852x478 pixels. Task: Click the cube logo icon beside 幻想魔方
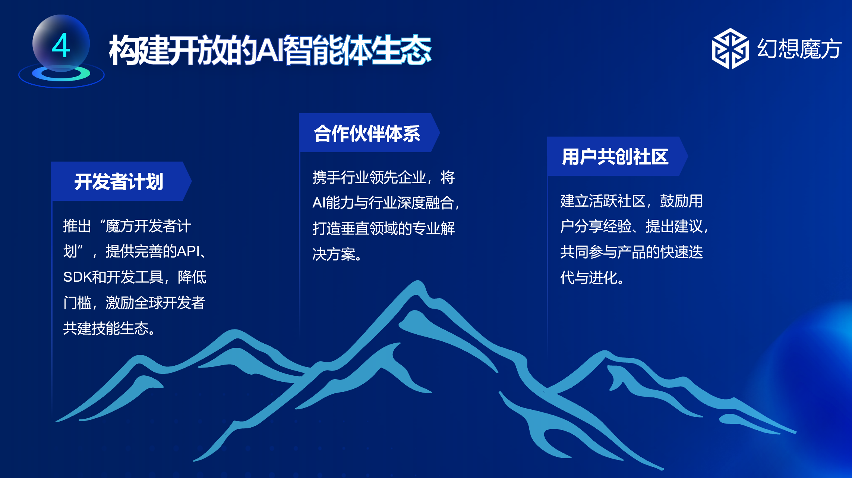coord(730,49)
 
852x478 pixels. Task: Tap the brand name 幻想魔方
coord(799,49)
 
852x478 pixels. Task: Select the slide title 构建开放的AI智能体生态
coord(270,50)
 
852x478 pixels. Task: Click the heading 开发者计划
coord(119,182)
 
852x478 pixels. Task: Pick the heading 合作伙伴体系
coord(367,134)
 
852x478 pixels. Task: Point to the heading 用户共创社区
coord(615,157)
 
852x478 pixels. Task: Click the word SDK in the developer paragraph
coord(77,277)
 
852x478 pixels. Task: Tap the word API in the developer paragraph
coord(189,251)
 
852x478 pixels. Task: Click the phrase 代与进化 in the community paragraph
coord(588,277)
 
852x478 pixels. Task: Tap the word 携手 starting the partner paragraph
coord(326,177)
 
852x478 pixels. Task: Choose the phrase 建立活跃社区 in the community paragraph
coord(603,201)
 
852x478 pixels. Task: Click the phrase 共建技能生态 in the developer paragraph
coord(106,328)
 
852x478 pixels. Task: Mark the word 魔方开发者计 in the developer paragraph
coord(148,226)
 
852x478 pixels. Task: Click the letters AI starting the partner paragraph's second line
coord(319,203)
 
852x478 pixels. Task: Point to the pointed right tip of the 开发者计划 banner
coord(192,181)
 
